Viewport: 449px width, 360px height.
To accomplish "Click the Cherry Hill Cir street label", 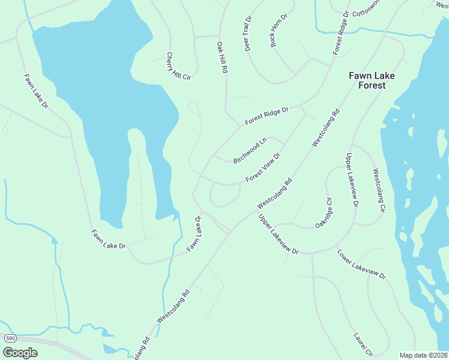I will tap(178, 66).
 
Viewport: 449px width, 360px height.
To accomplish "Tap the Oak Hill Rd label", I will tap(222, 58).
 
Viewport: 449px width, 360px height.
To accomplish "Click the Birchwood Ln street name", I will tap(250, 151).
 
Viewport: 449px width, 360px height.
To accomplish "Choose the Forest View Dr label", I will tap(263, 168).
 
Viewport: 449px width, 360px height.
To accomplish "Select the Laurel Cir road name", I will tap(364, 344).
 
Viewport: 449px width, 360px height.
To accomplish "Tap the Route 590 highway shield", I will tap(10, 338).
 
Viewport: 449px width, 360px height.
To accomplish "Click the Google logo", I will tap(20, 353).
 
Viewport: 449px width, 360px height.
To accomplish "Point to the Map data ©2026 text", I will tap(423, 355).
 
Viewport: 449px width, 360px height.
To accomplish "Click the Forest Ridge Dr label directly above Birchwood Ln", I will tap(267, 116).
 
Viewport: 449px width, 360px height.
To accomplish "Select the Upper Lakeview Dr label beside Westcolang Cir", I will tap(351, 180).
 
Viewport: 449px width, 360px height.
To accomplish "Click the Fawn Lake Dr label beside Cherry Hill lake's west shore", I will tap(36, 91).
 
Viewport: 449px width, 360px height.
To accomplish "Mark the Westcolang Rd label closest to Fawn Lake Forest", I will tap(326, 127).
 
